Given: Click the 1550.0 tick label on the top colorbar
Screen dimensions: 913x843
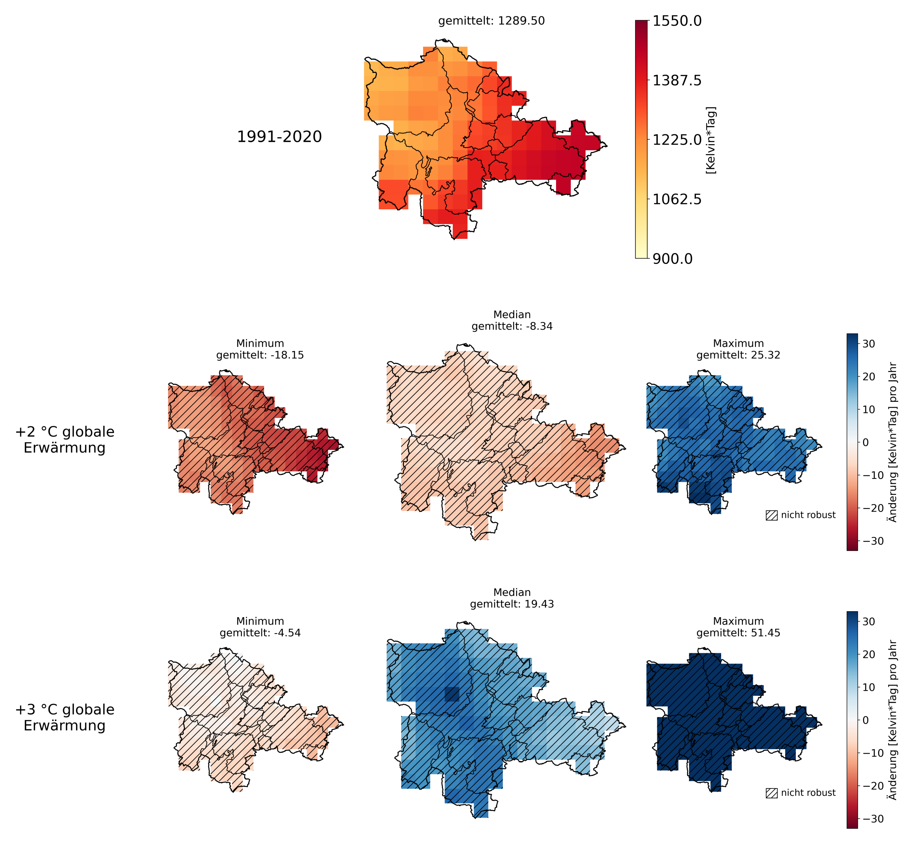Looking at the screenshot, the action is coord(677,21).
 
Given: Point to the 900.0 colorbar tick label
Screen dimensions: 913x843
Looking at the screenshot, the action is coord(672,259).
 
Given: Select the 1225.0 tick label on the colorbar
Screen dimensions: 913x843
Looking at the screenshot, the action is coord(677,140).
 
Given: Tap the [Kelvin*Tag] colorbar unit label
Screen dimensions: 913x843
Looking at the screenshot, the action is coord(711,140).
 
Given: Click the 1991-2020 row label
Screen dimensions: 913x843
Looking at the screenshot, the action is coord(279,137).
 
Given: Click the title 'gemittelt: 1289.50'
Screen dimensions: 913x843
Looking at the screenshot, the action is coord(492,21).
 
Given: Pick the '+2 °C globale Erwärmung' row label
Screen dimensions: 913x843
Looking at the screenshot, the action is coord(65,440).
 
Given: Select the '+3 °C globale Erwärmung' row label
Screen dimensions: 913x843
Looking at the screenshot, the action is coord(65,718).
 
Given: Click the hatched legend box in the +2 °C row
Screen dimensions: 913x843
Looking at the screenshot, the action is coord(771,516).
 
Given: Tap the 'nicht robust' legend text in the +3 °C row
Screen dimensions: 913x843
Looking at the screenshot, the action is coord(808,793).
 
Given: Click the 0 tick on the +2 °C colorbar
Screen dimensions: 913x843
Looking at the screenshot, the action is coord(866,443).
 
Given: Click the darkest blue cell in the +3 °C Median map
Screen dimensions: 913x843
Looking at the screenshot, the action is coord(452,694).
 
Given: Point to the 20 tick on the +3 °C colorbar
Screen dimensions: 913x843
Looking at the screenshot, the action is coord(869,654).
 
